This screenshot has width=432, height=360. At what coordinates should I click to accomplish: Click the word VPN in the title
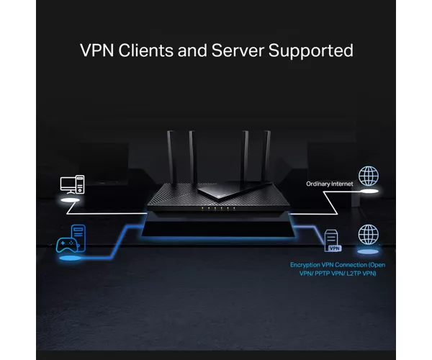96,50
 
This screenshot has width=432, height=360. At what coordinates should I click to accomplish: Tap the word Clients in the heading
146,50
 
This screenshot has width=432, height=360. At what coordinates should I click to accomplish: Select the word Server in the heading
238,50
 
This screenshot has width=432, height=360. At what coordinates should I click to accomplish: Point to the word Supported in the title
310,51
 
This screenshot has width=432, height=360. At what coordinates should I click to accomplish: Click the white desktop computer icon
72,184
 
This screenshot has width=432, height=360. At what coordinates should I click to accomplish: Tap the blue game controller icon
67,245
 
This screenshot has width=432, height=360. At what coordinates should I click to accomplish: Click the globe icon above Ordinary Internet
369,176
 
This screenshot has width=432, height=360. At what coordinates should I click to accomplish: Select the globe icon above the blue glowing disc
369,235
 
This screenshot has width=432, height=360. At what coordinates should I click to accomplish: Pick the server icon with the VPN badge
333,240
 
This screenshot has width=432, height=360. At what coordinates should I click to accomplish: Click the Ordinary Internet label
330,184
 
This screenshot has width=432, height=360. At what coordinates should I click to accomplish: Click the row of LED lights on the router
218,208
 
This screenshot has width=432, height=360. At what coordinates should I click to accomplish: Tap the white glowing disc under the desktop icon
70,200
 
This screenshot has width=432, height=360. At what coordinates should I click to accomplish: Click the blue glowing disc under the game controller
71,258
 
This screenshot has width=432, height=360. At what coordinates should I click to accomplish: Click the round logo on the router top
220,197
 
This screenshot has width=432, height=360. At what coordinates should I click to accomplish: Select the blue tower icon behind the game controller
78,238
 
